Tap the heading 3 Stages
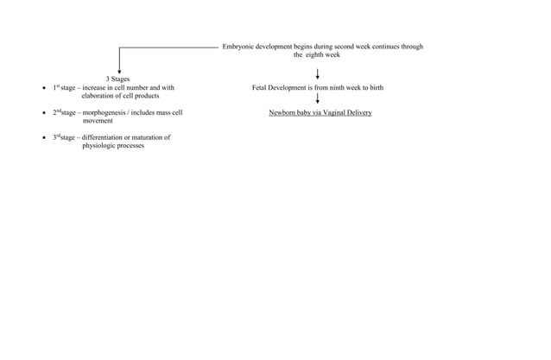(118, 79)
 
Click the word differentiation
(108, 137)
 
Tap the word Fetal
(261, 88)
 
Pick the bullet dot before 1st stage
(45, 88)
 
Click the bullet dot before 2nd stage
(45, 113)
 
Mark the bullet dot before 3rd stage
(45, 138)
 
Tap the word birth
(376, 88)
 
